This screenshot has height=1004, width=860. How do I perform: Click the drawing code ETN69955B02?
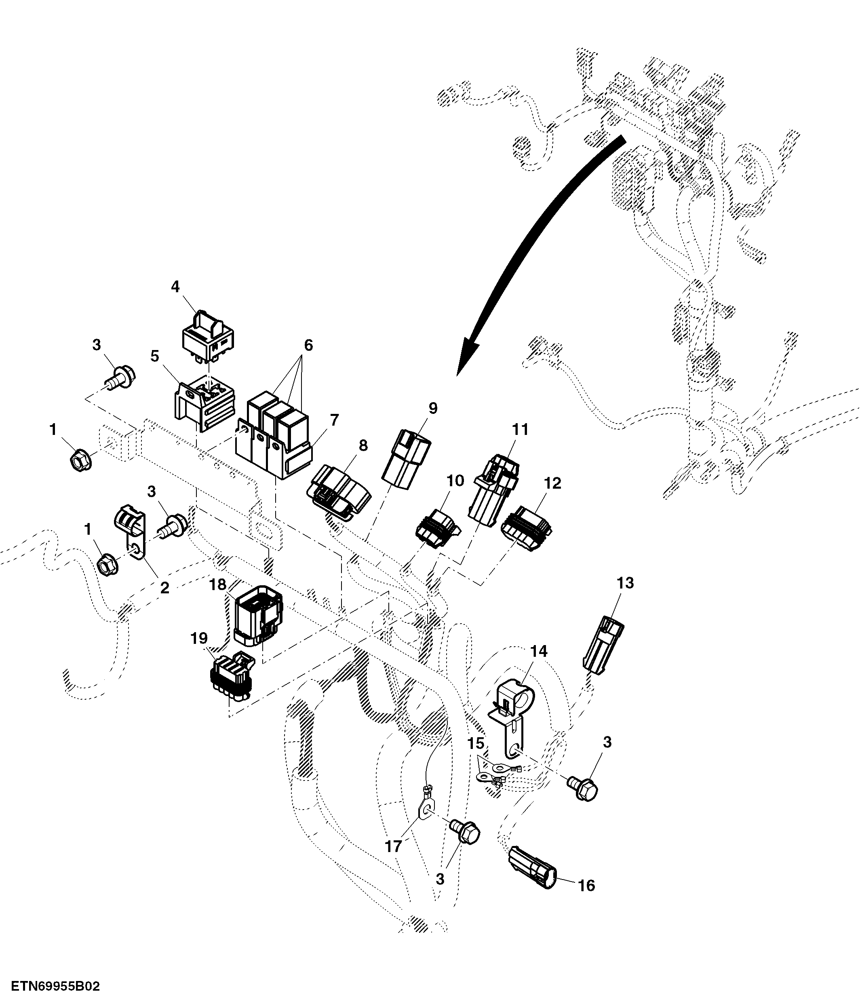pyautogui.click(x=56, y=987)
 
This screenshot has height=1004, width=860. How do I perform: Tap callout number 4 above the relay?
pyautogui.click(x=175, y=287)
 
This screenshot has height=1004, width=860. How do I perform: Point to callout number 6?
pyautogui.click(x=308, y=346)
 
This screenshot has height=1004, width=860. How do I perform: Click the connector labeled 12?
pyautogui.click(x=527, y=528)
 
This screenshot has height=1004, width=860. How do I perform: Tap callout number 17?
pyautogui.click(x=393, y=846)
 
